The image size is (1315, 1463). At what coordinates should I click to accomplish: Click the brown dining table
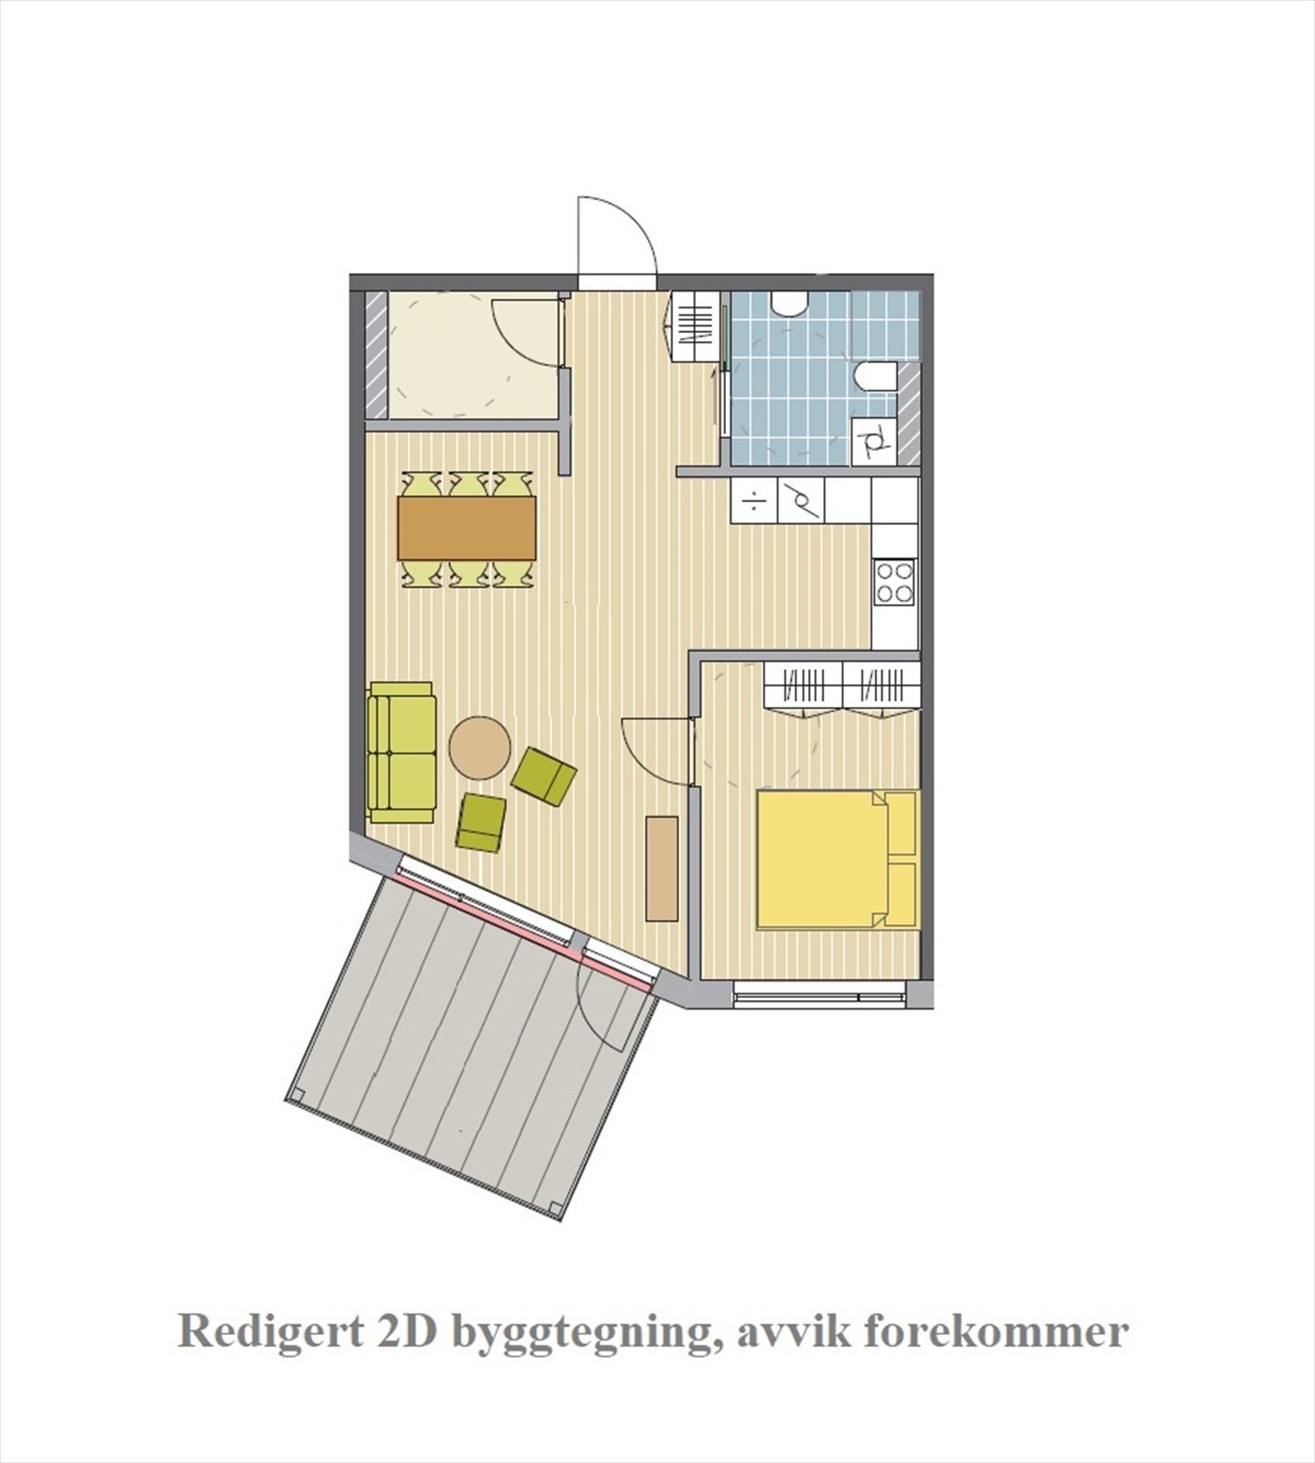(466, 528)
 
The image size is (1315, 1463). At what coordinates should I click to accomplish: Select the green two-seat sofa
(401, 753)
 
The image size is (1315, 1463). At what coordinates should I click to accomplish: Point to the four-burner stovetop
(894, 582)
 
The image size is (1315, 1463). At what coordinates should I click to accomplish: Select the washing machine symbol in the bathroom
(873, 442)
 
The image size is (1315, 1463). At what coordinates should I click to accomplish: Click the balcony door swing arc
(608, 1015)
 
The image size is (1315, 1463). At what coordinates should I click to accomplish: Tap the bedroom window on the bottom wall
(819, 995)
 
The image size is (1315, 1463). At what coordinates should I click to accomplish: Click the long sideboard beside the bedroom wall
(661, 869)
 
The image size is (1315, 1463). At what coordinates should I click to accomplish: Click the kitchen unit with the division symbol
(754, 502)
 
